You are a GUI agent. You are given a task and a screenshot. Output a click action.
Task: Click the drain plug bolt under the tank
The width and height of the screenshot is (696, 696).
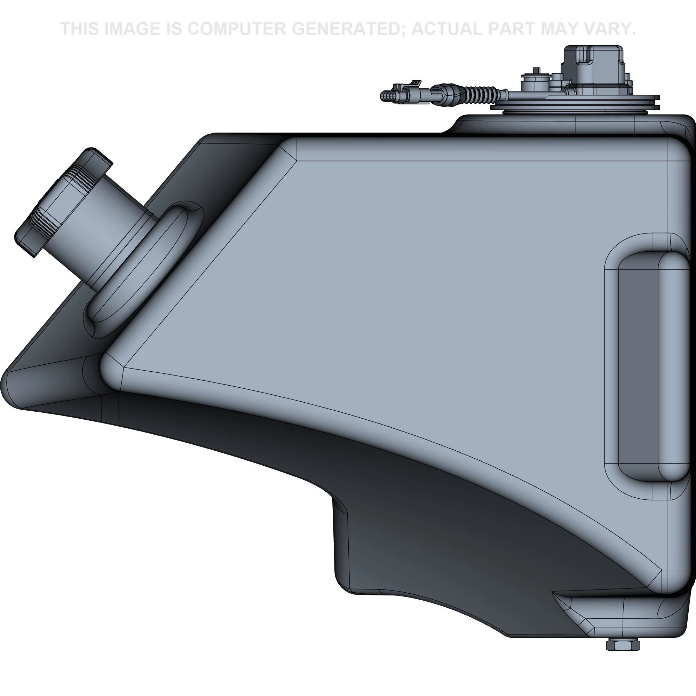622,643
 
